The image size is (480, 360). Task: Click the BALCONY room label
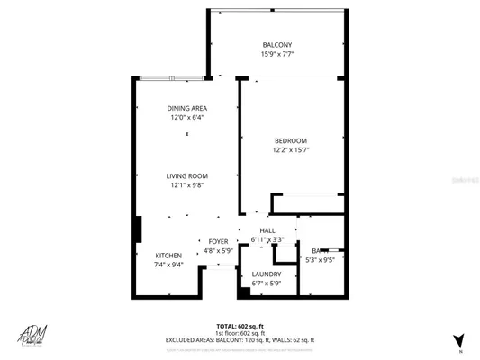[x=276, y=45]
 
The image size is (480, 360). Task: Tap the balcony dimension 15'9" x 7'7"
[x=276, y=54]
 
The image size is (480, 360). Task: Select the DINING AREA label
[x=186, y=108]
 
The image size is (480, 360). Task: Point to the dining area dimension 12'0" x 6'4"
[x=186, y=117]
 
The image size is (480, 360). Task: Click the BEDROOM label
[x=291, y=140]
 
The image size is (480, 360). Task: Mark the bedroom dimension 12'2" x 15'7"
[x=291, y=149]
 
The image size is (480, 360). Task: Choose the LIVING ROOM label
[x=186, y=176]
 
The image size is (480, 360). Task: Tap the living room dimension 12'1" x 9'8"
[x=186, y=185]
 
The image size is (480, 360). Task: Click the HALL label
[x=267, y=231]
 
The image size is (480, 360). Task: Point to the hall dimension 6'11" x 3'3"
[x=267, y=240]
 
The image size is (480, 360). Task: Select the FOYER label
[x=218, y=241]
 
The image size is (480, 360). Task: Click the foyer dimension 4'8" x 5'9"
[x=218, y=250]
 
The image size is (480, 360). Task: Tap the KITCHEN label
[x=168, y=256]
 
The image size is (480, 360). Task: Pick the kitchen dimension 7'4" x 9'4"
[x=168, y=265]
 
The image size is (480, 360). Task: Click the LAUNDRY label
[x=267, y=274]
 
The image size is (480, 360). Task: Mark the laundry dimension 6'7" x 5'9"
[x=267, y=283]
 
